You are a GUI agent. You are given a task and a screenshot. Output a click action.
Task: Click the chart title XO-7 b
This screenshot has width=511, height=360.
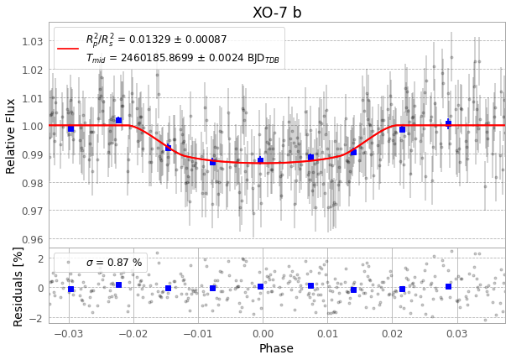(x=277, y=12)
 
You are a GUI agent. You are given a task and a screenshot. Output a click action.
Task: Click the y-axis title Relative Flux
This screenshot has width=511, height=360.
(x=11, y=135)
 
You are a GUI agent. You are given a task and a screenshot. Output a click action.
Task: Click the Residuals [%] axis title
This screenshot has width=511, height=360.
(x=18, y=285)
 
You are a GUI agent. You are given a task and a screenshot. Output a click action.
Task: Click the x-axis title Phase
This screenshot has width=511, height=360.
(x=276, y=348)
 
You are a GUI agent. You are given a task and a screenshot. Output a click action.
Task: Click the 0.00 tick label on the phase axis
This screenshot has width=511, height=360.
(x=262, y=333)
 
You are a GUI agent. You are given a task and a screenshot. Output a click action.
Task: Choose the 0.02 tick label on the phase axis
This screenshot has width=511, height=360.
(x=392, y=333)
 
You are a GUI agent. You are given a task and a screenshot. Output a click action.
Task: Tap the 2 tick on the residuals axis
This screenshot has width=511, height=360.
(x=40, y=258)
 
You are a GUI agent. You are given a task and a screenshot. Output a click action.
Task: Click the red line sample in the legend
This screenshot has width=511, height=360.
(x=68, y=48)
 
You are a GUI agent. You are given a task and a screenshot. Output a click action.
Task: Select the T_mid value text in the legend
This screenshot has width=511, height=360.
(x=182, y=58)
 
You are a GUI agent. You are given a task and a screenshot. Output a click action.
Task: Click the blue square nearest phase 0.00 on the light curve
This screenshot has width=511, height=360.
(x=260, y=159)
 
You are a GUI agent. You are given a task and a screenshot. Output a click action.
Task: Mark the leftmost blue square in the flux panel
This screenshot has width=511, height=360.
(x=70, y=128)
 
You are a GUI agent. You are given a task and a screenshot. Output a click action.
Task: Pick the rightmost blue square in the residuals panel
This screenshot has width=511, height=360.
(x=448, y=286)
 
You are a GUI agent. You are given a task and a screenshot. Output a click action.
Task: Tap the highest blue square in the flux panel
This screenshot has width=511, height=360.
(x=118, y=120)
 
